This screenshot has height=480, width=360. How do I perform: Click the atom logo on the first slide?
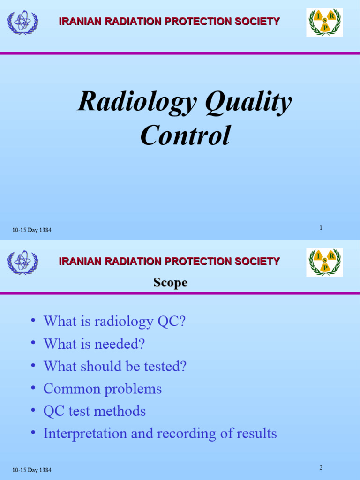coord(22,22)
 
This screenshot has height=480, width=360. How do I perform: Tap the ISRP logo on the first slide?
coord(324,22)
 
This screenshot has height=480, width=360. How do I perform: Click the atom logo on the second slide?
coord(22,262)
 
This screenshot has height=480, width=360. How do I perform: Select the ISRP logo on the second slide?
coord(324,262)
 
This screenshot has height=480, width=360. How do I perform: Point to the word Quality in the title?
coord(248,102)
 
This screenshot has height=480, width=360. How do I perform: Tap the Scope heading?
coord(170,283)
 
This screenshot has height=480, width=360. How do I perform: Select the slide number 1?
coord(321,228)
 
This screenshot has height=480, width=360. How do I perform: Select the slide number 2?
coord(321,468)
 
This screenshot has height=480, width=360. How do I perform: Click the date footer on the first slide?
coord(32,230)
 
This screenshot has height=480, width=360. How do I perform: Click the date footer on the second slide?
coord(32,470)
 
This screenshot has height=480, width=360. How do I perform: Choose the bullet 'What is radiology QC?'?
coord(114,322)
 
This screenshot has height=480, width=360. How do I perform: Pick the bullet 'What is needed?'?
coord(94,344)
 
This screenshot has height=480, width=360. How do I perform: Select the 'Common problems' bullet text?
coord(102,389)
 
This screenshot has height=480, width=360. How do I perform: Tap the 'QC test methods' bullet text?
coord(94,411)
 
